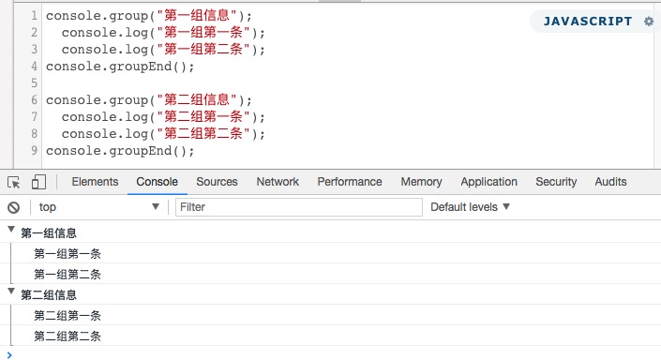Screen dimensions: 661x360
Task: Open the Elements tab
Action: [95, 182]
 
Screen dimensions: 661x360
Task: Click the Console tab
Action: [157, 182]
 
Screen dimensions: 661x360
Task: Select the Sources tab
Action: [217, 182]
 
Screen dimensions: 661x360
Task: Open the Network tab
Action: [278, 182]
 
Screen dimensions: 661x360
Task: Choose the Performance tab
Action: [350, 182]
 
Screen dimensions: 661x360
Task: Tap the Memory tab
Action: [421, 182]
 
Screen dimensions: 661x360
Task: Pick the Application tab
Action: [488, 182]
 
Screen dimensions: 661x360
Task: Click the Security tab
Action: [556, 182]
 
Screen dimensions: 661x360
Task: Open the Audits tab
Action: [610, 182]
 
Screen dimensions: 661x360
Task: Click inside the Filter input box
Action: [299, 207]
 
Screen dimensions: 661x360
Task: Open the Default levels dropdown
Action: [470, 207]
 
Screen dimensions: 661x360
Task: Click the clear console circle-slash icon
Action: [13, 207]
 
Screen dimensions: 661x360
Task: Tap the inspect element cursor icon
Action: [13, 183]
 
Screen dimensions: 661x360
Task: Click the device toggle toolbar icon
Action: [38, 182]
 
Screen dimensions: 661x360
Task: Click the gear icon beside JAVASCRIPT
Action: [649, 21]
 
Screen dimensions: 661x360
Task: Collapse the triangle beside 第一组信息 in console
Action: [11, 230]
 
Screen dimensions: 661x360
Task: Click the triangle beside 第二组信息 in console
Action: [11, 292]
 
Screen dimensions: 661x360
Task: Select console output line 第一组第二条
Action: [68, 275]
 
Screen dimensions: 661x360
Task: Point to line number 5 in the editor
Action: [34, 83]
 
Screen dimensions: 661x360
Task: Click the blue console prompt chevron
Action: [9, 355]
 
